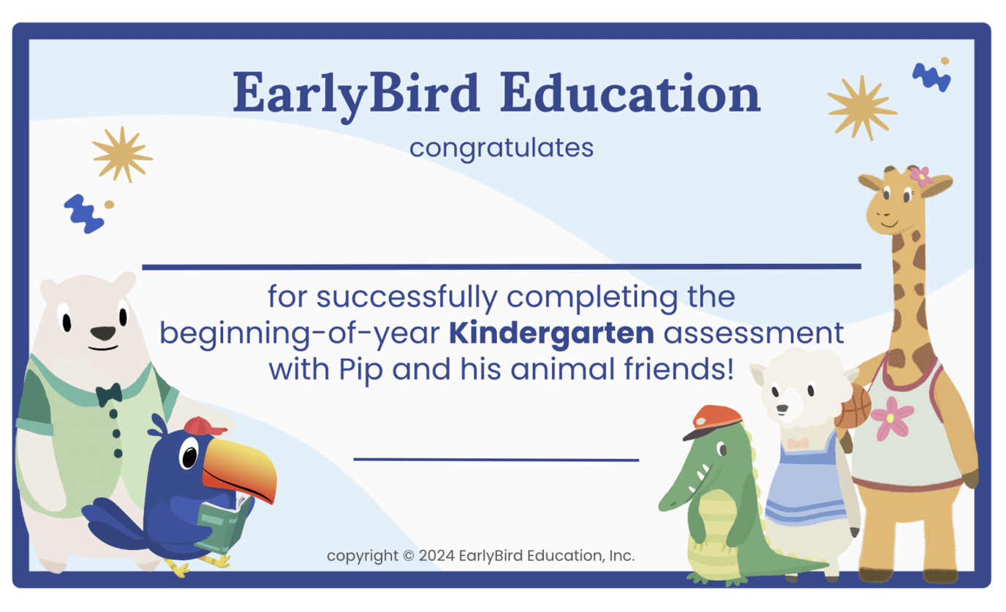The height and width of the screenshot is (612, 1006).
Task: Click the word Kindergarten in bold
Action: [x=551, y=333]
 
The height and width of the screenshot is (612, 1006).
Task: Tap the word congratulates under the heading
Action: [x=501, y=148]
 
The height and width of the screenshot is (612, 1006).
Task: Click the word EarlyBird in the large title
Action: [x=355, y=94]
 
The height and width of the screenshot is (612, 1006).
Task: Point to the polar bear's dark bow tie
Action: [x=109, y=393]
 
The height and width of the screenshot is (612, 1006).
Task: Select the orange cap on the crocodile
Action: [x=713, y=420]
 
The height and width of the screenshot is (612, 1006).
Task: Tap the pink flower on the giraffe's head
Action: [x=920, y=176]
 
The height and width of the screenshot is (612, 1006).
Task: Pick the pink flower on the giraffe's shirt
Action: [x=893, y=418]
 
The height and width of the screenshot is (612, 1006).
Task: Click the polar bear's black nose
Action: [x=102, y=333]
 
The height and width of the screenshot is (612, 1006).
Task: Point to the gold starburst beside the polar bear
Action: [x=122, y=154]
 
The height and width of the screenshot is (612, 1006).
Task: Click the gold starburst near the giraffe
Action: [x=862, y=107]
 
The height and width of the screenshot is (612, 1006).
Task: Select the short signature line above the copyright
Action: [x=496, y=459]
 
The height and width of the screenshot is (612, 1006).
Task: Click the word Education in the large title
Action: [x=631, y=94]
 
